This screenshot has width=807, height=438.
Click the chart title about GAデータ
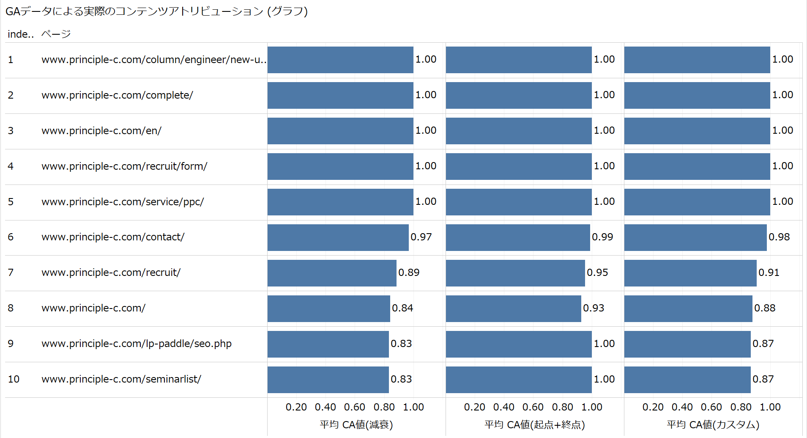tap(156, 11)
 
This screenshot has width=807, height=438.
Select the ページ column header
tap(56, 34)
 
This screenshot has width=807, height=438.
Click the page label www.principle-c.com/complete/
tap(117, 95)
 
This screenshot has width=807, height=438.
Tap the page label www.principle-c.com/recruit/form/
tap(124, 166)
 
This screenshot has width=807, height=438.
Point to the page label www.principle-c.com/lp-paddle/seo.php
tap(136, 344)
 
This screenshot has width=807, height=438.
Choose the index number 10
tap(14, 379)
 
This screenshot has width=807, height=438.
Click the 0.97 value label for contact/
tap(421, 237)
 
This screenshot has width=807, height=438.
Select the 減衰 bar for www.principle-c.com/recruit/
tap(332, 273)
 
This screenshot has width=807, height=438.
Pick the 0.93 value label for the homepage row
tap(594, 308)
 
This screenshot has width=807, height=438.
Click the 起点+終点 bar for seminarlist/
tap(518, 380)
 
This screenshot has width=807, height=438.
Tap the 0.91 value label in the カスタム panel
tap(769, 273)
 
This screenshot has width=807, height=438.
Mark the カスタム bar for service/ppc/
tap(697, 202)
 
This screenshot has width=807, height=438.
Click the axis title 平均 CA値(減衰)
tap(356, 424)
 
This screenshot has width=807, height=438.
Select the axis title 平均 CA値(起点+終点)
tap(534, 424)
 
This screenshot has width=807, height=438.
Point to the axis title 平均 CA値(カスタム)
tap(713, 424)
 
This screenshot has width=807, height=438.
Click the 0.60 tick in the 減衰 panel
tap(354, 407)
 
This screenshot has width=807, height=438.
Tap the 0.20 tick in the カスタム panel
tap(653, 407)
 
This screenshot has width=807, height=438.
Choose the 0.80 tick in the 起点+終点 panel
tap(562, 407)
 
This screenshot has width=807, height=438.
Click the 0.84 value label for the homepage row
tap(402, 308)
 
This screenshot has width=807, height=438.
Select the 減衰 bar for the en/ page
tap(340, 131)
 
